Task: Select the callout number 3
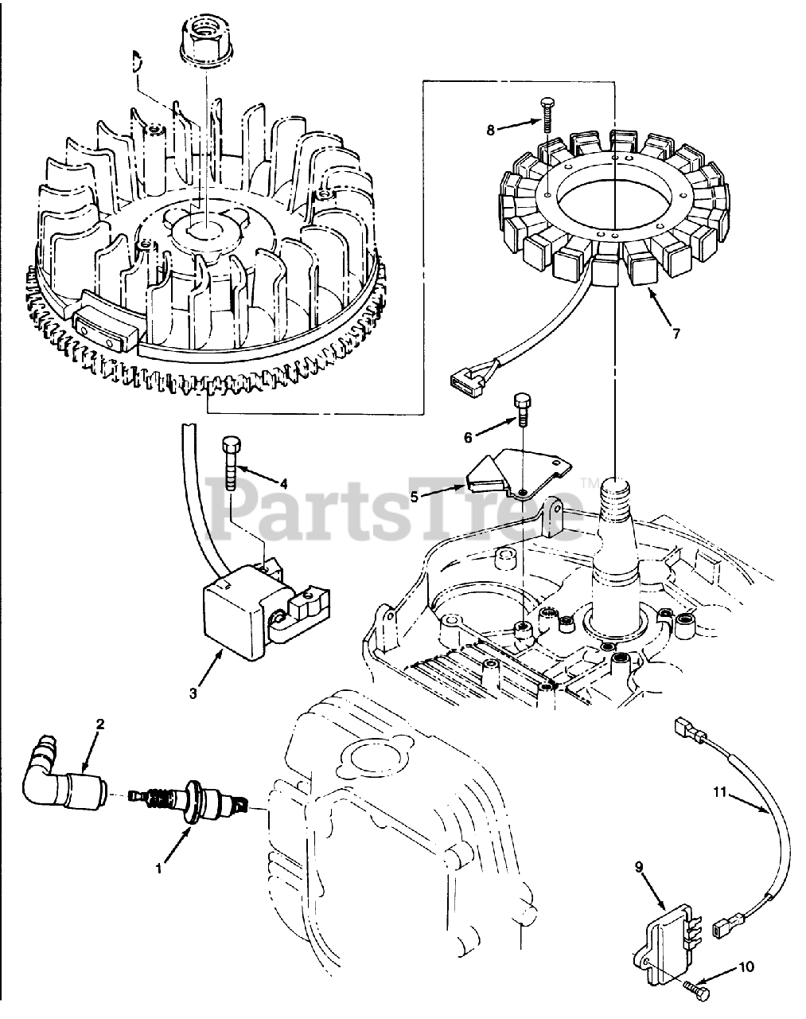click(x=193, y=693)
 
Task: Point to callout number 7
click(x=676, y=334)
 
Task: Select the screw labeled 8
click(x=548, y=112)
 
